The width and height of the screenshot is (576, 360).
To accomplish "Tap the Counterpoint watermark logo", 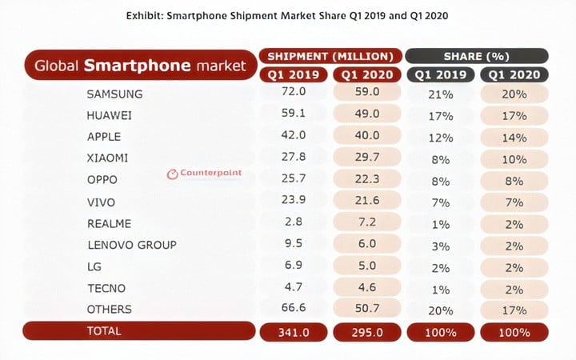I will (204, 173).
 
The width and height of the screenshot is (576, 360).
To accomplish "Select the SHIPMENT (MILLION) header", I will (329, 56).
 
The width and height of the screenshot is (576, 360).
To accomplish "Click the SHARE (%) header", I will (476, 56).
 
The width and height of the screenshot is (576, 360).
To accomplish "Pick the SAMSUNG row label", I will (114, 94).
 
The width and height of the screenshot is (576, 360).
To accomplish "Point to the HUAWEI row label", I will (110, 114).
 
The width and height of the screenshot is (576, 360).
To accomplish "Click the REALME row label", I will (110, 224).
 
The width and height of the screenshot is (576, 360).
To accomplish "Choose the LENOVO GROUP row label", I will (131, 244).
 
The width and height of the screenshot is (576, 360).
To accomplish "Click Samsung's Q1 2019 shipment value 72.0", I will (294, 94).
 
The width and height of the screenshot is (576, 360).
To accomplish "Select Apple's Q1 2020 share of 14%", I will (514, 136).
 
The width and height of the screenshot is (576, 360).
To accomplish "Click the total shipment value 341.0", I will (294, 331).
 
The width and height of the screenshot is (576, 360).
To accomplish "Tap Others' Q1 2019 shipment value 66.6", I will (294, 308).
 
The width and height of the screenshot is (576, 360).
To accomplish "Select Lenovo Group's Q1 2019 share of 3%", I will (440, 244).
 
